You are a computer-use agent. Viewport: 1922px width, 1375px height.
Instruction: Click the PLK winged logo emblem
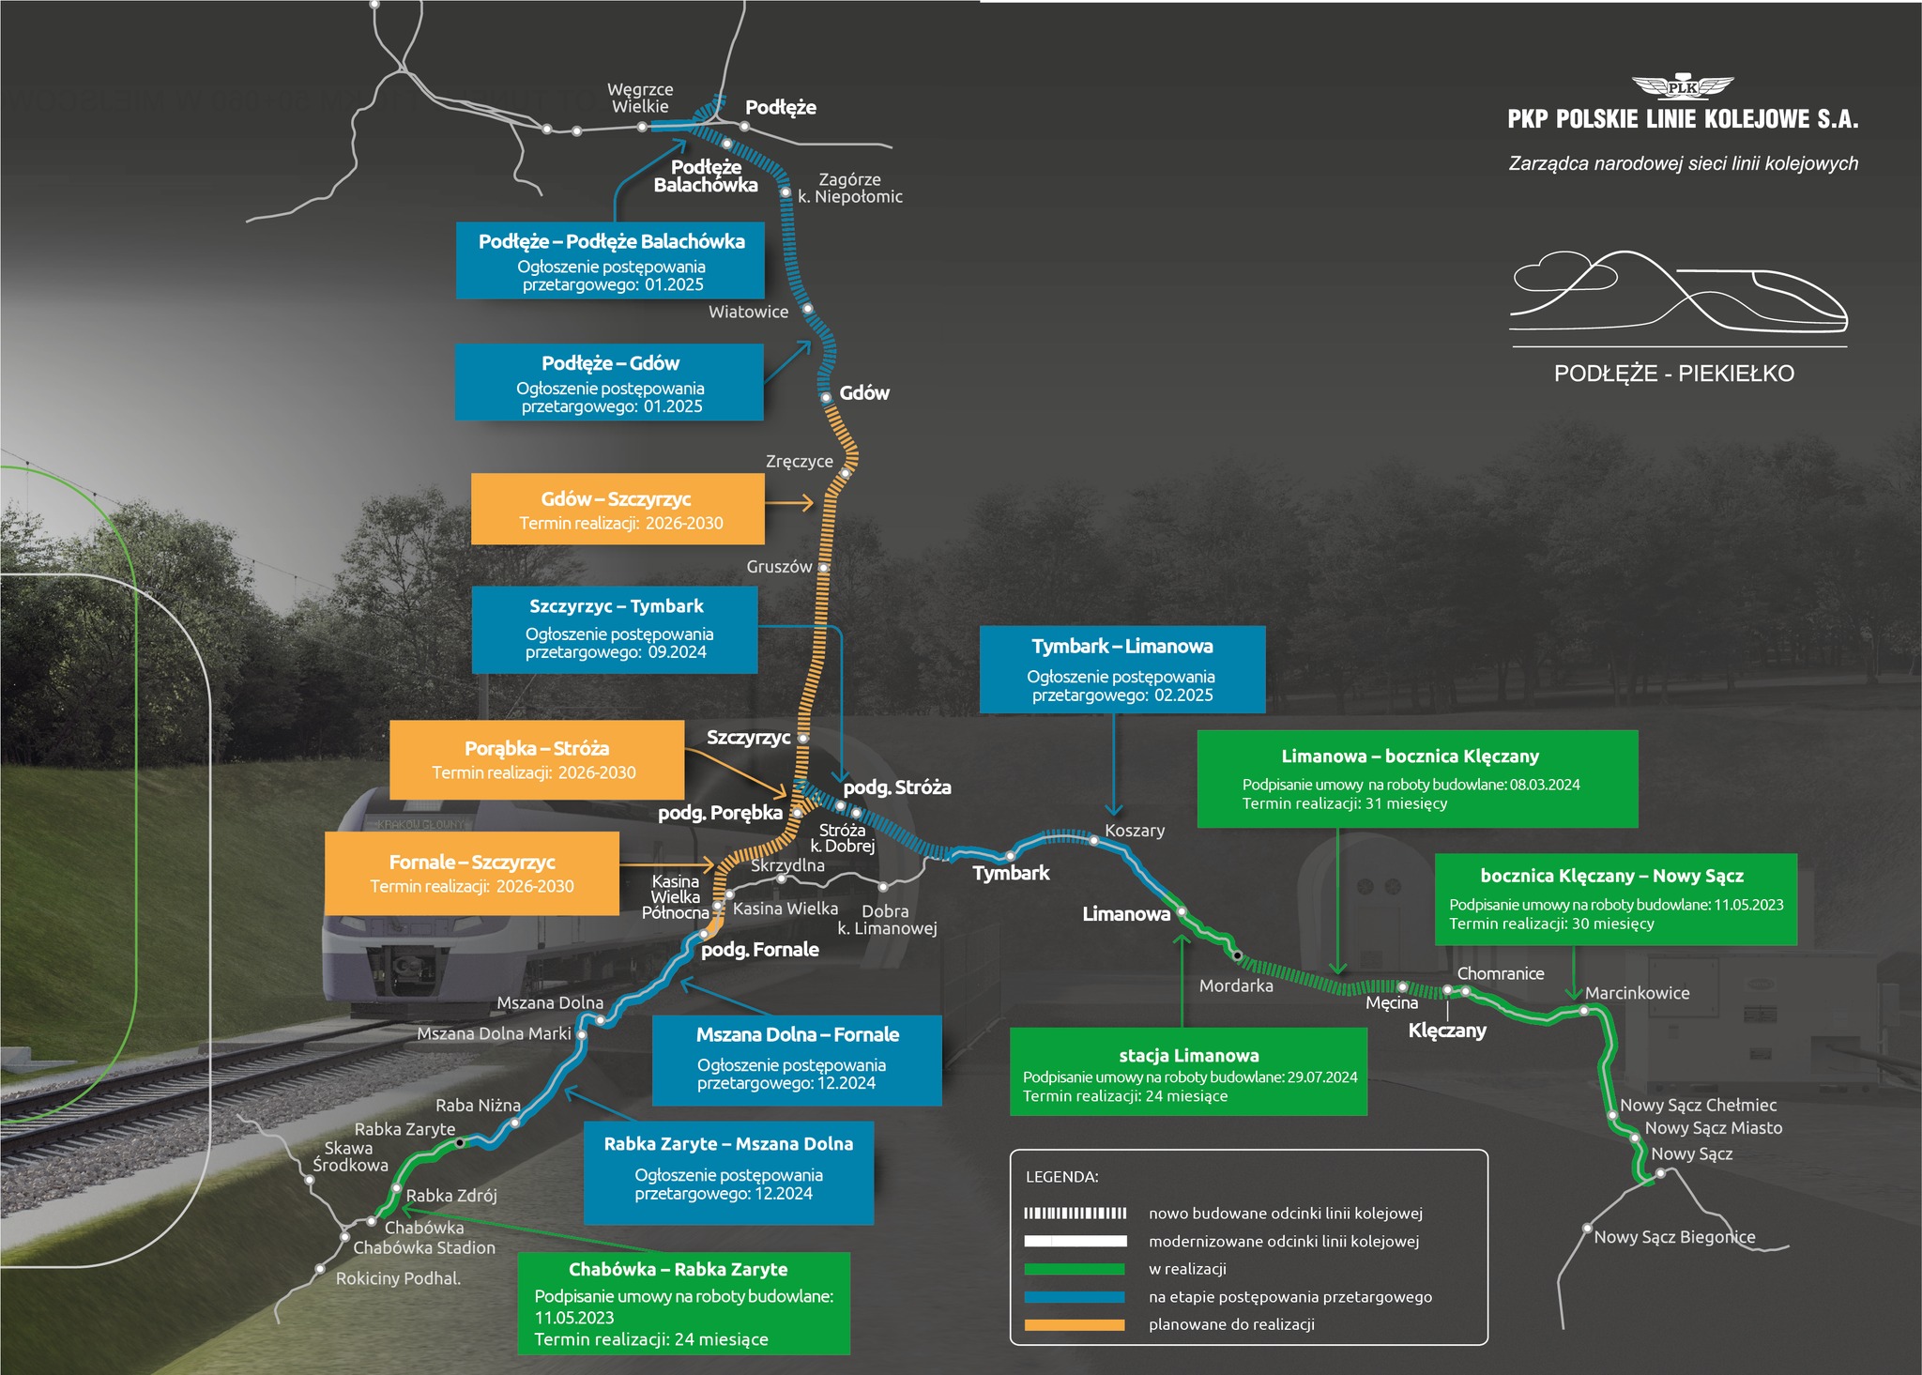coord(1683,87)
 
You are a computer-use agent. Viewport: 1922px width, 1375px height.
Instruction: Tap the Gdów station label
coord(863,393)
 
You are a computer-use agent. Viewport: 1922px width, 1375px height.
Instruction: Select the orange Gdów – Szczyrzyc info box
coord(618,509)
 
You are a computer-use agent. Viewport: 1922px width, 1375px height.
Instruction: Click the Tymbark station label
coord(1011,873)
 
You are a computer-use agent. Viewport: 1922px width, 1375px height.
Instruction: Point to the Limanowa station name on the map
coord(1126,914)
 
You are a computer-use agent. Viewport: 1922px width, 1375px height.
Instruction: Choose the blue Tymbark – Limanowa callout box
coord(1122,669)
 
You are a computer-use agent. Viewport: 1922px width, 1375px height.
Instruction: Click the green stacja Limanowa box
coord(1188,1072)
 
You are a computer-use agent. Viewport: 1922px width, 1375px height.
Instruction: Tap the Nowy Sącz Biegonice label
coord(1674,1237)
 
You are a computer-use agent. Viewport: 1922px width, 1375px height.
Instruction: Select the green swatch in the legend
coord(1074,1269)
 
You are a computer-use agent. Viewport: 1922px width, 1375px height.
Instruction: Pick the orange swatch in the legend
coord(1074,1324)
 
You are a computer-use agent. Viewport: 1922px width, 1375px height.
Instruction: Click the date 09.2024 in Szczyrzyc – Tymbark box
coord(677,652)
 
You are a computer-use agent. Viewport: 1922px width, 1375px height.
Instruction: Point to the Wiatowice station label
coord(748,312)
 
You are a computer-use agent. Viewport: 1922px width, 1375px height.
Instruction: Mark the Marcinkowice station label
coord(1637,993)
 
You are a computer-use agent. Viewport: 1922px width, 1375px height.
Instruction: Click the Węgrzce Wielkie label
coord(641,98)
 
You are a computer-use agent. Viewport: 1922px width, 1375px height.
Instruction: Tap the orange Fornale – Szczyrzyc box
coord(472,873)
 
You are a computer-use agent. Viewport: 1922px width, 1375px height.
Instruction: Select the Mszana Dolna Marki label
coord(494,1033)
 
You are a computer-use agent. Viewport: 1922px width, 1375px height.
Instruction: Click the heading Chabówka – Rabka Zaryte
coord(678,1269)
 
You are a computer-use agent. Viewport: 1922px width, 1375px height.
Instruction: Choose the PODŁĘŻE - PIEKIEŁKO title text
coord(1674,374)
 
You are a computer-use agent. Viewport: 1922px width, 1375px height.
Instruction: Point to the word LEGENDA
coord(1061,1177)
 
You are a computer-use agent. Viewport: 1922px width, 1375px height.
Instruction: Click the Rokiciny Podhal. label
coord(398,1278)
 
